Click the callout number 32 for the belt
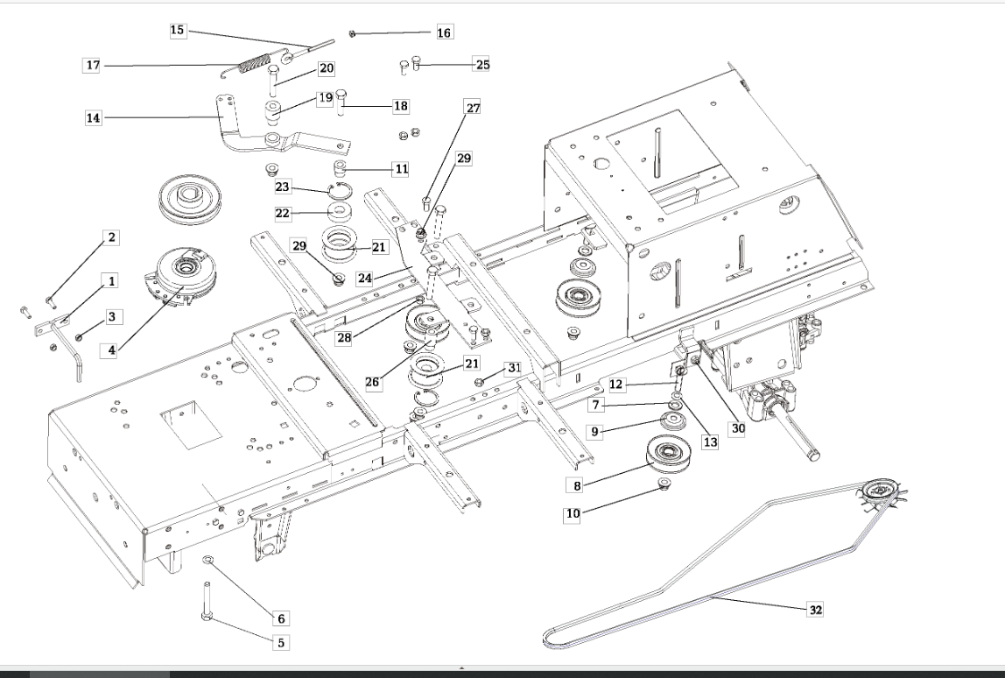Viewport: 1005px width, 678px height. click(815, 609)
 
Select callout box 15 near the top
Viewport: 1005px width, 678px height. click(178, 31)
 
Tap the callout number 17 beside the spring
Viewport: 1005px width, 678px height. click(92, 65)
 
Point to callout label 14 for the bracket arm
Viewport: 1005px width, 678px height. click(92, 117)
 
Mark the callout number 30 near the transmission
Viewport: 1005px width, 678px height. click(738, 428)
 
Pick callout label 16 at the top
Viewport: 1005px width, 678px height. click(445, 32)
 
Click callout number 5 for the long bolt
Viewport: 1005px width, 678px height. click(281, 642)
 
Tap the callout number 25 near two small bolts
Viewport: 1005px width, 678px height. click(481, 64)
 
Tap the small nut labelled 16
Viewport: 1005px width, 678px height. click(351, 33)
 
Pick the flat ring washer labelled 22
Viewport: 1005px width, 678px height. click(336, 211)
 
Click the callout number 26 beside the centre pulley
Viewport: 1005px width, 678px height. click(374, 383)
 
